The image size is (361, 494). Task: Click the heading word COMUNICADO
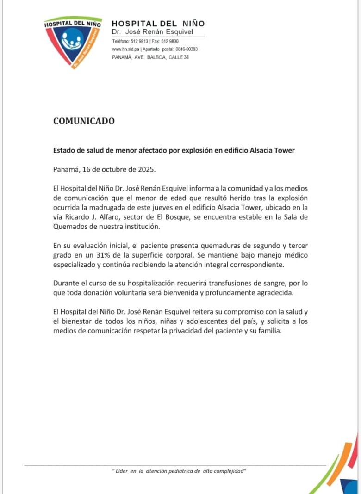tap(84, 121)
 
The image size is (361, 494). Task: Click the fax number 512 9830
tap(170, 41)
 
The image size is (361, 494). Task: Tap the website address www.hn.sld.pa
tap(123, 49)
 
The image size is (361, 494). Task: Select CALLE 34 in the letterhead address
tap(179, 57)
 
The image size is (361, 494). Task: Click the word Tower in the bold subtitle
tap(284, 150)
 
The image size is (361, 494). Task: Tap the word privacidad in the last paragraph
tap(202, 331)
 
